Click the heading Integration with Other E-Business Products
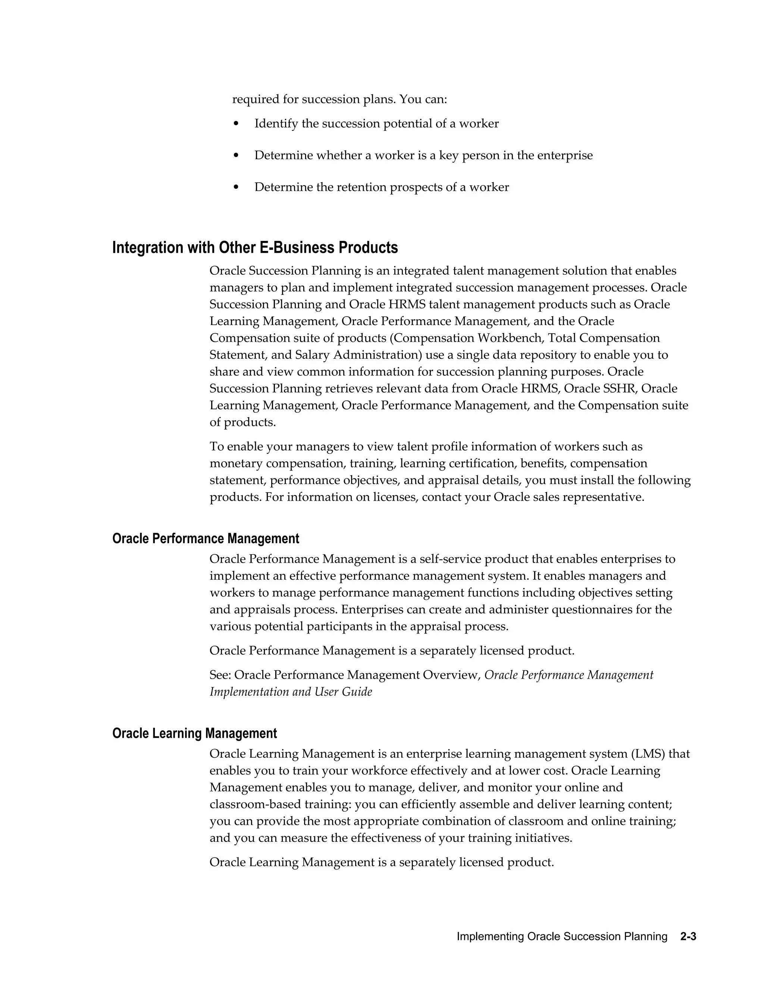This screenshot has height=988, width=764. [255, 248]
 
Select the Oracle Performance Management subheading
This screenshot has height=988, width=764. [206, 538]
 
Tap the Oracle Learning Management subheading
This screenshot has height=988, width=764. [195, 733]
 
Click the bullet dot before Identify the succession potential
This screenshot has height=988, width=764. [236, 123]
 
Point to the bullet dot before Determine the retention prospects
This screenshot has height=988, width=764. [236, 187]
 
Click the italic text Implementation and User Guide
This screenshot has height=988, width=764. [291, 692]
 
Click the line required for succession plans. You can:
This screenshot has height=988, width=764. [339, 99]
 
